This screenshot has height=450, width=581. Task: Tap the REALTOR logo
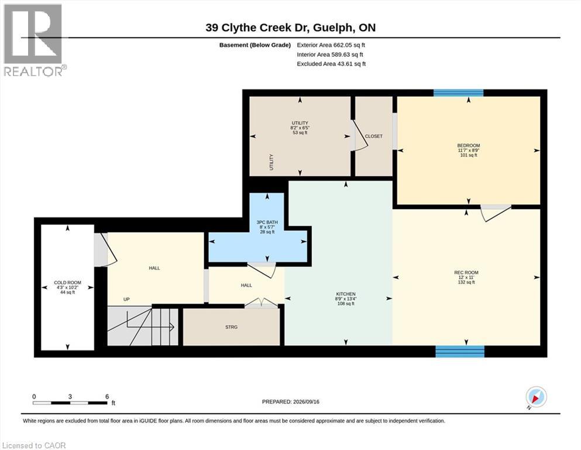click(34, 40)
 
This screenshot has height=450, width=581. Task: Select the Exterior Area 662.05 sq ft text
click(331, 45)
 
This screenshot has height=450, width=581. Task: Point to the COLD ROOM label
click(67, 282)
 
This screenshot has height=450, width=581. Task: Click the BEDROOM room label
click(468, 145)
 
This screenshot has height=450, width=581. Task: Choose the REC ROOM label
click(466, 272)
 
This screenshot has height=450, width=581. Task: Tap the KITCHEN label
click(346, 294)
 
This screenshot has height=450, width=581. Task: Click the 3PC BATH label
click(267, 222)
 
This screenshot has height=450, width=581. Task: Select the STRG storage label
click(231, 327)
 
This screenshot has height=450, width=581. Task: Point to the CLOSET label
click(373, 136)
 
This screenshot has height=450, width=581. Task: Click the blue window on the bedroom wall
click(459, 93)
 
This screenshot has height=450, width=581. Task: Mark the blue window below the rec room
click(460, 352)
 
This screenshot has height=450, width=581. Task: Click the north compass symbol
click(536, 398)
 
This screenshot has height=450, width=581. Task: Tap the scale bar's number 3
click(70, 397)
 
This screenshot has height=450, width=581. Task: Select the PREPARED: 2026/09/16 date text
click(290, 402)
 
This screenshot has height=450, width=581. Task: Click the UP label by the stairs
click(126, 299)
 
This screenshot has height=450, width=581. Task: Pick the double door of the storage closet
click(261, 303)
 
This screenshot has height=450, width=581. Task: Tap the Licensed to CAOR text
click(34, 445)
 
